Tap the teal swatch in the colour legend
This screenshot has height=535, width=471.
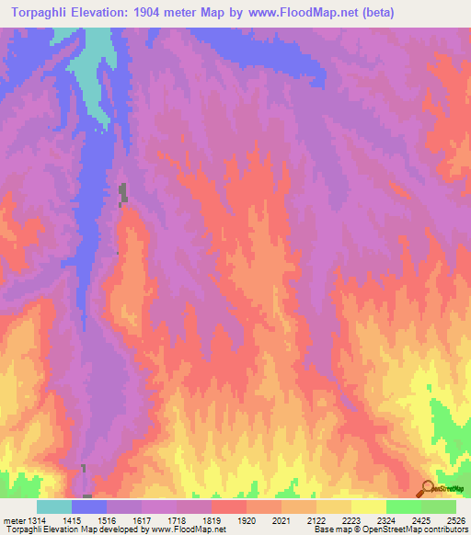tap(54, 507)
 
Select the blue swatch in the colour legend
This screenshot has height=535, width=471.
tap(89, 507)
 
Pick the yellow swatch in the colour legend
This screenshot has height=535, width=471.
tap(369, 507)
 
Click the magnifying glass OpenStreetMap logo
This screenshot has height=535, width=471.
tap(428, 487)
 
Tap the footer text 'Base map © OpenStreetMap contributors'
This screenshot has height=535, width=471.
tap(388, 529)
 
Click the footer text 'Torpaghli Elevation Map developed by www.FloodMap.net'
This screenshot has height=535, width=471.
tap(114, 529)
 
